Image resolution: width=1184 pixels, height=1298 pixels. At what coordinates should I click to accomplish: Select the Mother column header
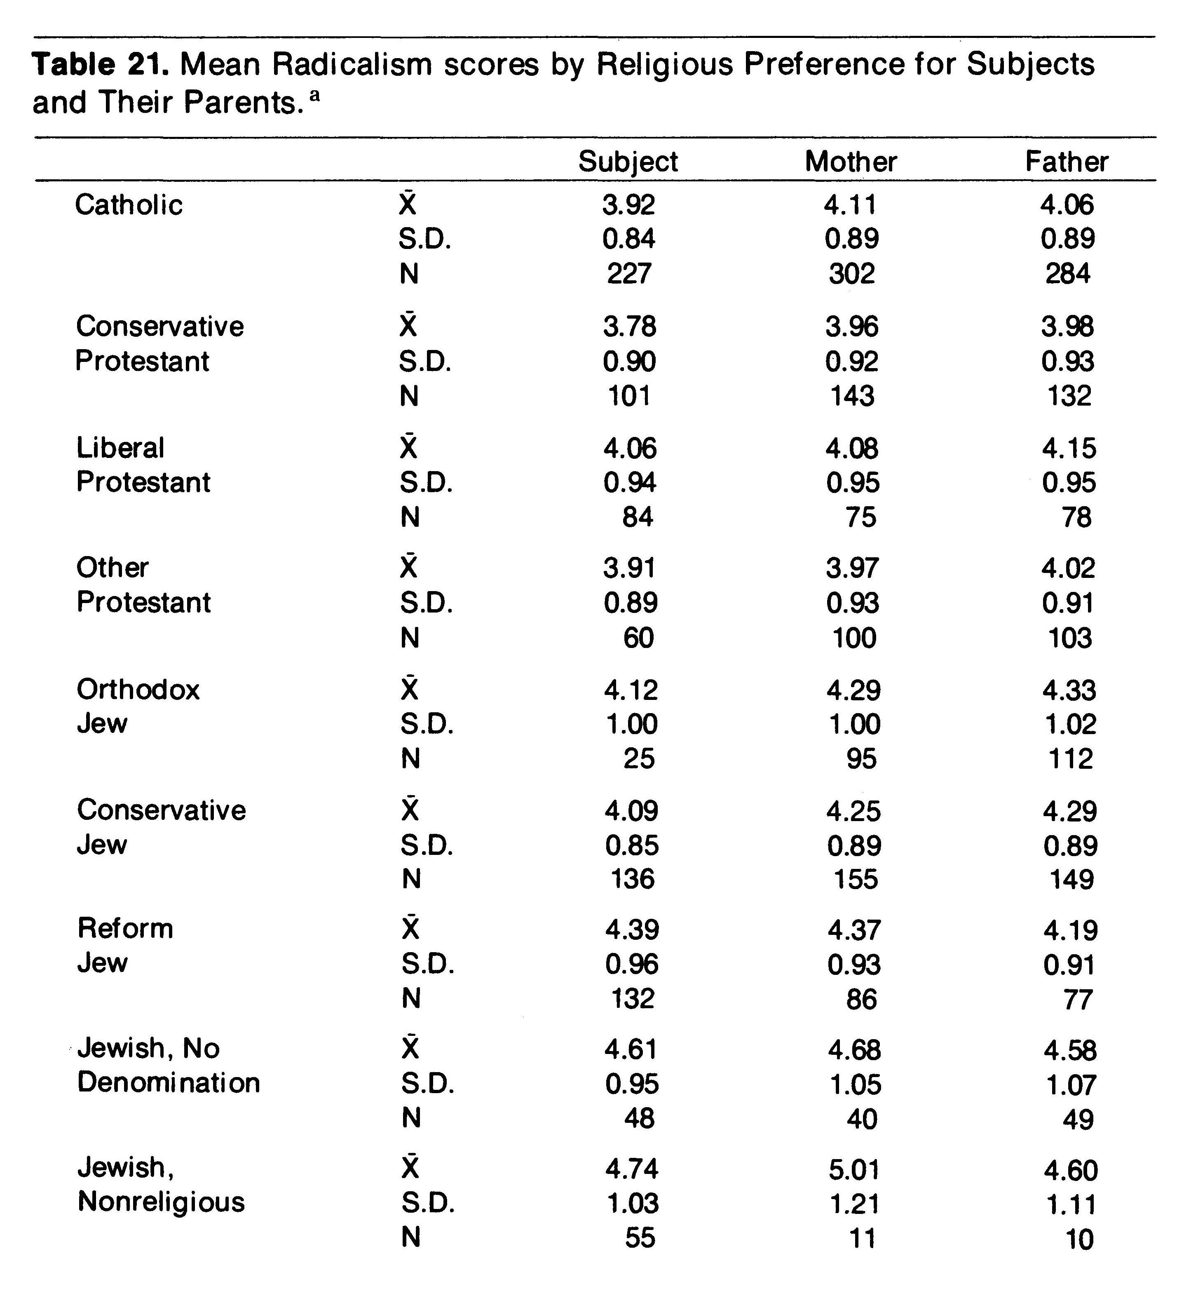click(851, 162)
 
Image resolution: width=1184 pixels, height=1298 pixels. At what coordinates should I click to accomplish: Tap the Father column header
click(1067, 162)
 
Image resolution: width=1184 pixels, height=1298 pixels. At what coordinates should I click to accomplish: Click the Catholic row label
click(129, 205)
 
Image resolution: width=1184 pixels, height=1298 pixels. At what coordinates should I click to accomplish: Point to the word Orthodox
click(138, 690)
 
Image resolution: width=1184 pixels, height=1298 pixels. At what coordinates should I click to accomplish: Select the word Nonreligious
click(161, 1202)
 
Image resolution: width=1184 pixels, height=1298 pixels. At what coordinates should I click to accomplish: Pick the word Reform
click(126, 928)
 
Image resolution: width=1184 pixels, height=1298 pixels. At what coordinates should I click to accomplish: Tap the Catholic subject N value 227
click(629, 274)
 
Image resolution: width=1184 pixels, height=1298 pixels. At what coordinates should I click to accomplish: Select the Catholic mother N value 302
click(851, 274)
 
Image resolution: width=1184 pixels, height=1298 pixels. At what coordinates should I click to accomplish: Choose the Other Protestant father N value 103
click(1069, 638)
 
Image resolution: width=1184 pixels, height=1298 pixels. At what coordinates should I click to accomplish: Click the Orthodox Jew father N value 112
click(1070, 759)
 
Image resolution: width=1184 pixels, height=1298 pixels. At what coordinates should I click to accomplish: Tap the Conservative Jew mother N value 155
click(855, 880)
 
